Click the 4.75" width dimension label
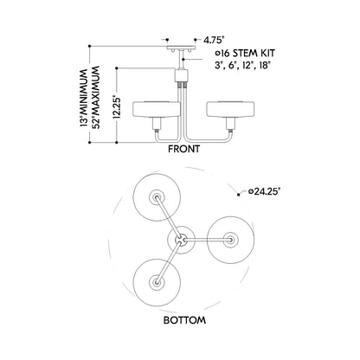tap(214, 40)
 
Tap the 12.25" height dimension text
tap(116, 106)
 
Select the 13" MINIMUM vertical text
tap(84, 98)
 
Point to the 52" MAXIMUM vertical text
tap(95, 98)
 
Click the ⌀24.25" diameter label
tap(264, 191)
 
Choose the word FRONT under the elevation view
tap(183, 149)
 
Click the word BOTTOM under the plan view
tap(184, 320)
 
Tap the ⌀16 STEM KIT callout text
tap(245, 53)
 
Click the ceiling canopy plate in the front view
tap(181, 48)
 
